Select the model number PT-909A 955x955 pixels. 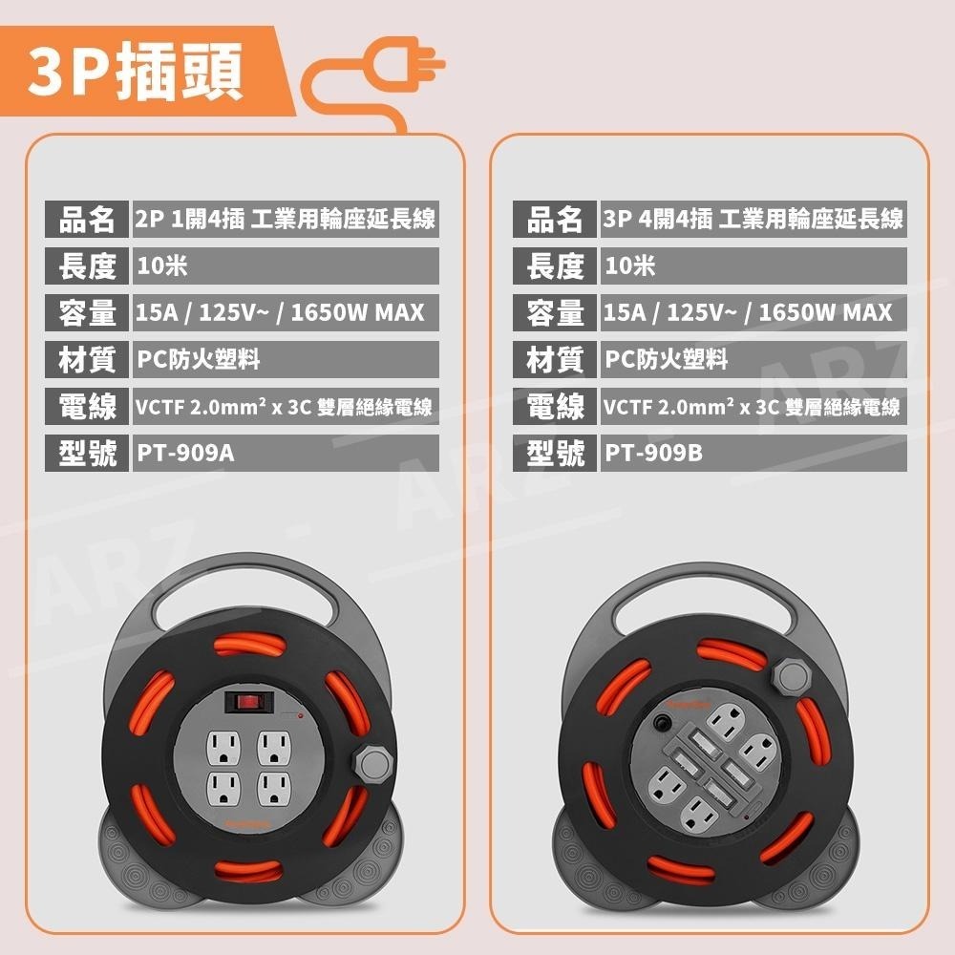tap(185, 453)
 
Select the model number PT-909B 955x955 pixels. tap(653, 453)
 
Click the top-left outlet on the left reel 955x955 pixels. tap(224, 745)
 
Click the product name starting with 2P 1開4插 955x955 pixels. tap(285, 220)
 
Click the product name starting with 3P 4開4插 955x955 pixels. tap(753, 220)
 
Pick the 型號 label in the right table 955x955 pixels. tap(555, 453)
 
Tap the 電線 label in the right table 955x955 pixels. tap(555, 407)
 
